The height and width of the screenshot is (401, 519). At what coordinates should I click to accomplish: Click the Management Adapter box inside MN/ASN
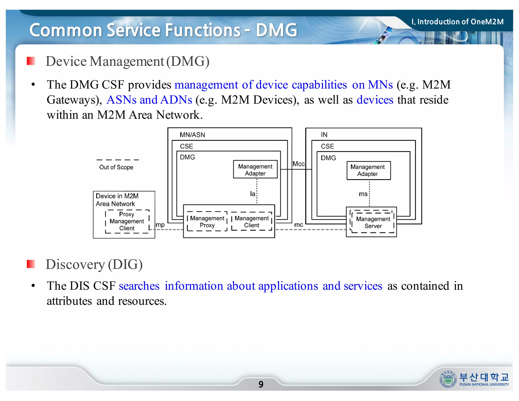255,170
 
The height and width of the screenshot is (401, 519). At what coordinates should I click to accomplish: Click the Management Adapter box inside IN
368,171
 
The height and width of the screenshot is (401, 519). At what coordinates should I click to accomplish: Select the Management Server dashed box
373,222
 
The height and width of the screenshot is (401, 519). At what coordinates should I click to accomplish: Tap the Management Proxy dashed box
207,222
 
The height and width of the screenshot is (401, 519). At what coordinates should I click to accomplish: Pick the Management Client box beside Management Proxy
251,222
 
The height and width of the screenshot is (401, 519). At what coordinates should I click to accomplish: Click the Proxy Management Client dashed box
127,221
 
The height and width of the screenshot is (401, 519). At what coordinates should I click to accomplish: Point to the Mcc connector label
298,164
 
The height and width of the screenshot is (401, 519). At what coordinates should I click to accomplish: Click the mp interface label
160,225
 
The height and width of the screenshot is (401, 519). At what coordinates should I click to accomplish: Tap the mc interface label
298,225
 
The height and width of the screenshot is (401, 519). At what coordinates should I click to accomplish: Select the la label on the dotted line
252,194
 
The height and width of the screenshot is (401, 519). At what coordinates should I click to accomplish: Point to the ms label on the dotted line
363,194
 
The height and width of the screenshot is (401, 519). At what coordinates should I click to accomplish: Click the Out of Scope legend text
116,167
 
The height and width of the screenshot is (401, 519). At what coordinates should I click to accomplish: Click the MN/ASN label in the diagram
192,135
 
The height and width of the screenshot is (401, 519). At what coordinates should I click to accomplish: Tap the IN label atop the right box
324,135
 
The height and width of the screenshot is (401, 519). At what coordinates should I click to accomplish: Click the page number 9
261,384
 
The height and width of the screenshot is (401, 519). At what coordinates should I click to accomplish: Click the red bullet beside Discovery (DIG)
31,264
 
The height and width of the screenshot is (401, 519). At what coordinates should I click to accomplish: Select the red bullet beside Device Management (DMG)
31,61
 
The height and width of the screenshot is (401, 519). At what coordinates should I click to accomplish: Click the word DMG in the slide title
276,30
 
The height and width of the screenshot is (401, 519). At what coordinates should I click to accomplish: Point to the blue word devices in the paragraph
375,100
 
